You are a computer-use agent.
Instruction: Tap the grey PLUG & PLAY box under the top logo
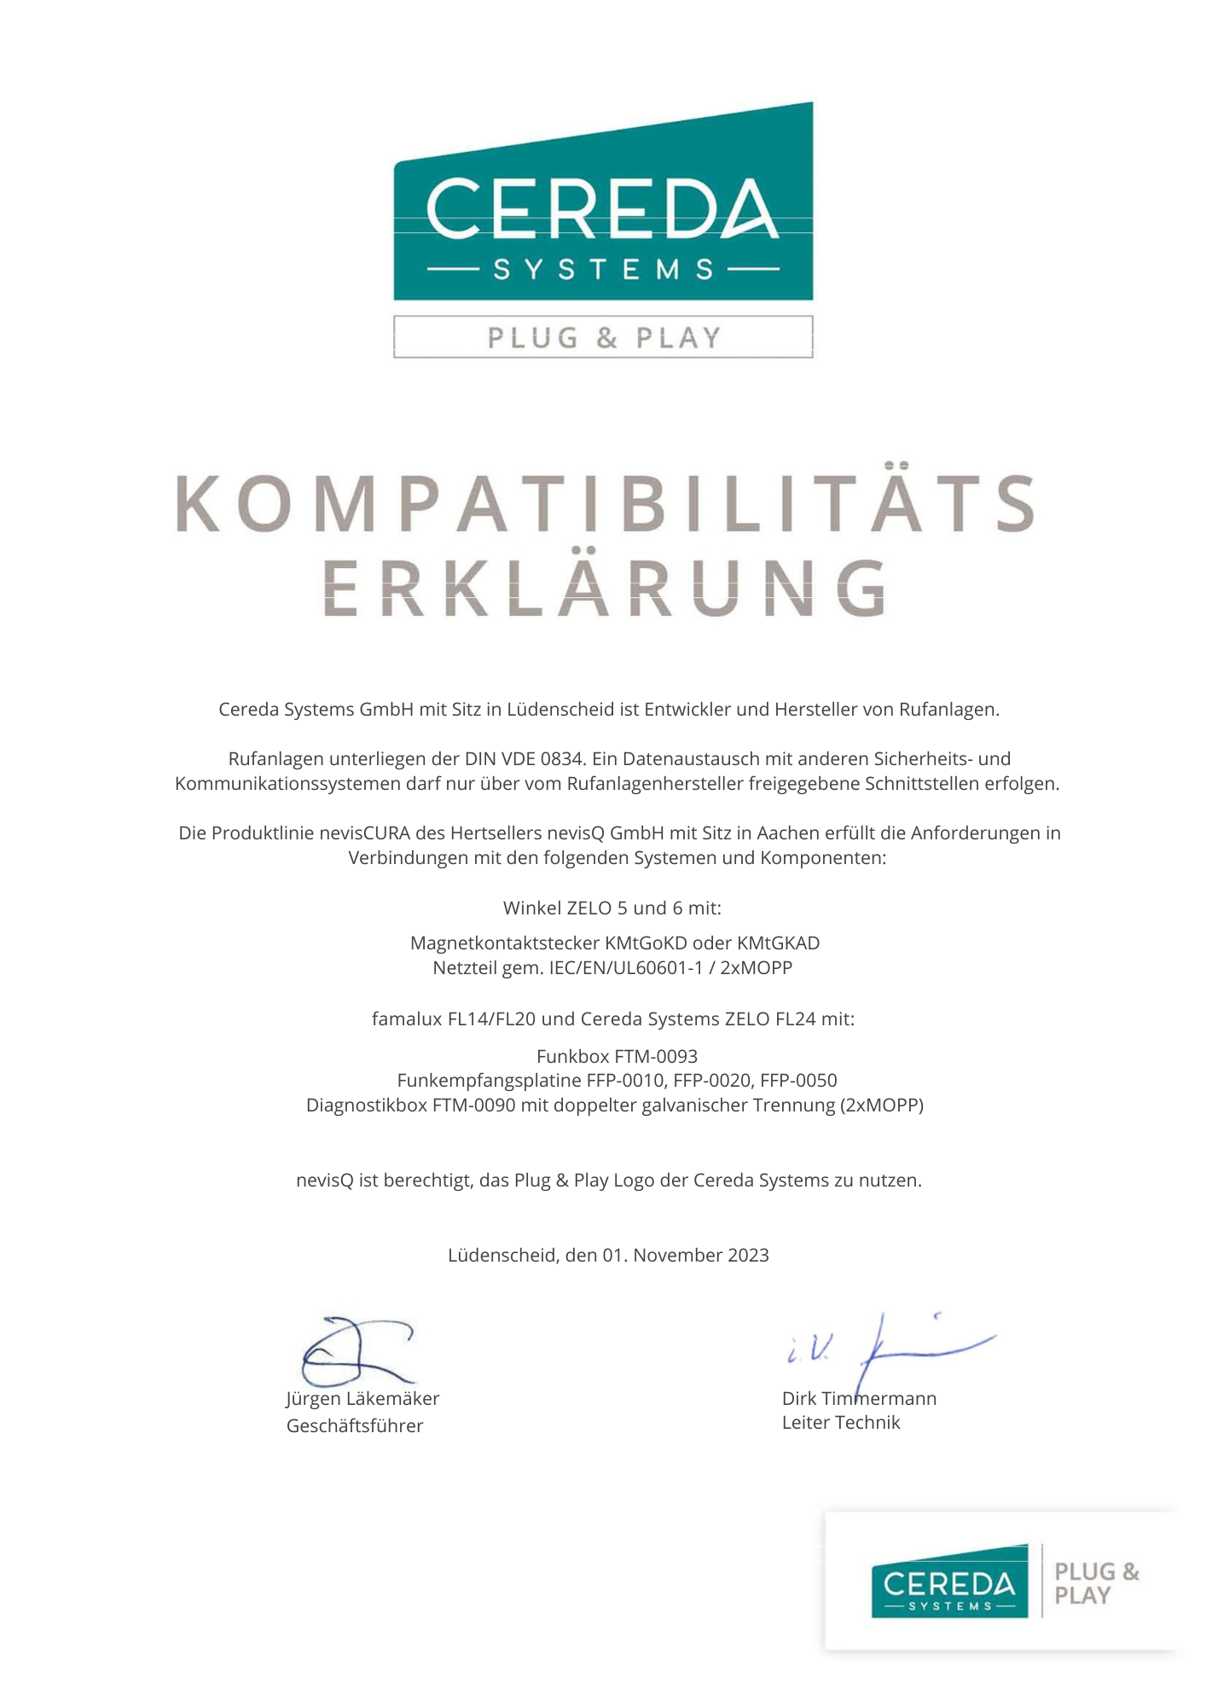click(x=602, y=337)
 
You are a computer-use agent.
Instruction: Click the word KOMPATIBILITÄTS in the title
click(x=604, y=503)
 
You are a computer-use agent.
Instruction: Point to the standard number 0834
click(x=562, y=758)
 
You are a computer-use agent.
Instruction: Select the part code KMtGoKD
click(x=646, y=943)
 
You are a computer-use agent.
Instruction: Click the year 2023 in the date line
click(x=748, y=1255)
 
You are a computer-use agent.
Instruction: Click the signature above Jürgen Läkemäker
click(x=357, y=1350)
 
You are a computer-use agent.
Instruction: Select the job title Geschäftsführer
click(x=355, y=1425)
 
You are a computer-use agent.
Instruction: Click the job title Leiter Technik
click(x=841, y=1422)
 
